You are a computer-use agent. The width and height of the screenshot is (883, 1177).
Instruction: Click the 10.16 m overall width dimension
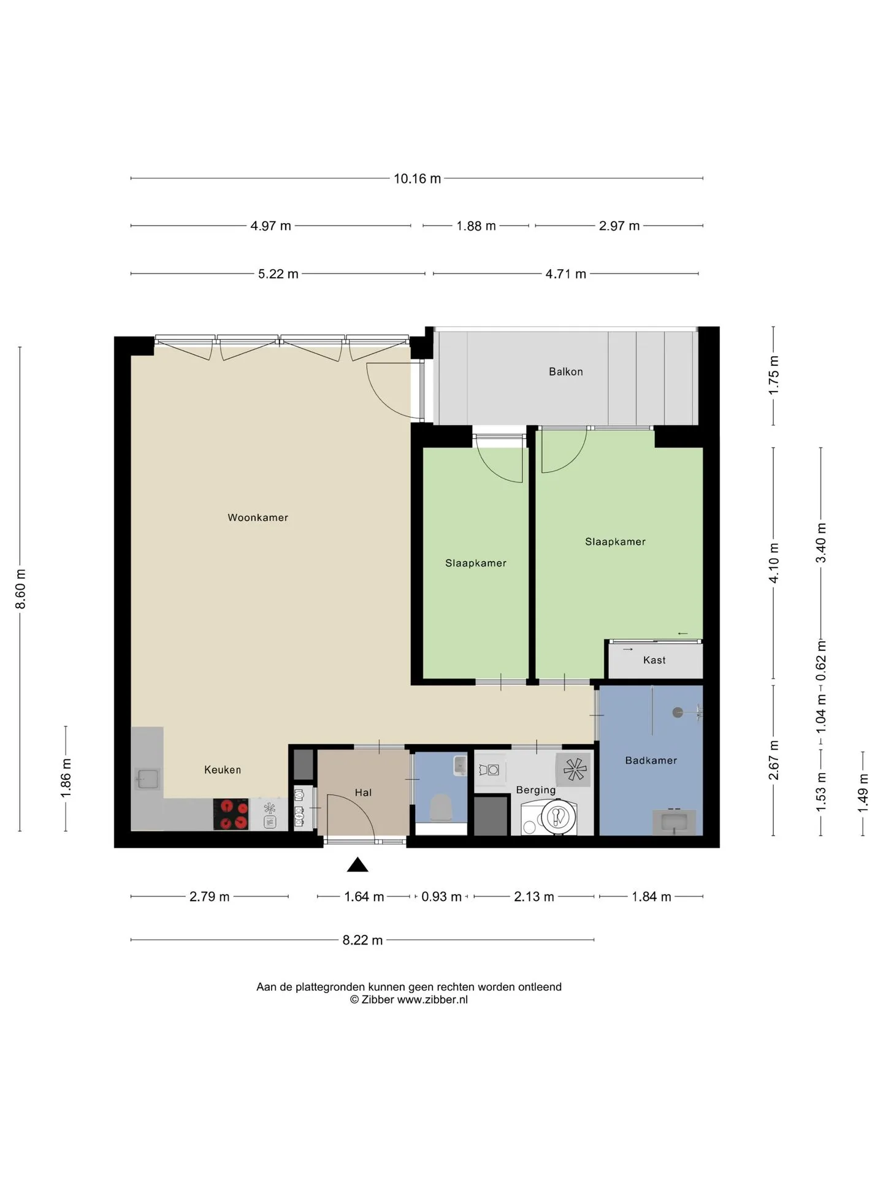click(417, 178)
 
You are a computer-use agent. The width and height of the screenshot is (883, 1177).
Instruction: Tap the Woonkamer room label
click(258, 517)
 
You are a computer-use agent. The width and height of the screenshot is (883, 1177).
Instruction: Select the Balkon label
click(565, 371)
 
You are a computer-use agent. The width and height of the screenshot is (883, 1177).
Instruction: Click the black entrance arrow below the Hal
click(357, 864)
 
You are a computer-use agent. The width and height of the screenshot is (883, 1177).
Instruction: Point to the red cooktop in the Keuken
click(231, 814)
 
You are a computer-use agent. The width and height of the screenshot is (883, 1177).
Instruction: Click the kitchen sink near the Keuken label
click(147, 779)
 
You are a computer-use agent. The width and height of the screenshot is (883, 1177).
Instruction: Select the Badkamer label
click(651, 760)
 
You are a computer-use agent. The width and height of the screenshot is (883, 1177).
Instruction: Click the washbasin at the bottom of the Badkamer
click(674, 821)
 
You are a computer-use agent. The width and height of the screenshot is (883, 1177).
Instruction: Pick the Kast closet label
click(654, 660)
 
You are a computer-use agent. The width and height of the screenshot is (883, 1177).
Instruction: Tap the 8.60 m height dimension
click(20, 589)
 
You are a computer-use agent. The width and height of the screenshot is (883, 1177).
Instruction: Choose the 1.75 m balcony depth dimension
click(773, 375)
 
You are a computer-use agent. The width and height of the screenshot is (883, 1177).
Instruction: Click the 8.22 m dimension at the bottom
click(362, 940)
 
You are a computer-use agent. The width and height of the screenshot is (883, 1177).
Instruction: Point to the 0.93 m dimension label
click(442, 896)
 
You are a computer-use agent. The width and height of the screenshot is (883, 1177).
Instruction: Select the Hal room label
click(363, 793)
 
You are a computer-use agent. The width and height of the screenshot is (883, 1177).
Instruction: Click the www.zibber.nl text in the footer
click(432, 999)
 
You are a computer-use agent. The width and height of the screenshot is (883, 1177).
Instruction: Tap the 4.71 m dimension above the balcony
click(566, 273)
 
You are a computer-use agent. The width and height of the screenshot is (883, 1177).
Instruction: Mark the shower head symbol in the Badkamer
click(678, 712)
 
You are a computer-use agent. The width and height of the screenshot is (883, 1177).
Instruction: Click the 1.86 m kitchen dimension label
click(66, 779)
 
